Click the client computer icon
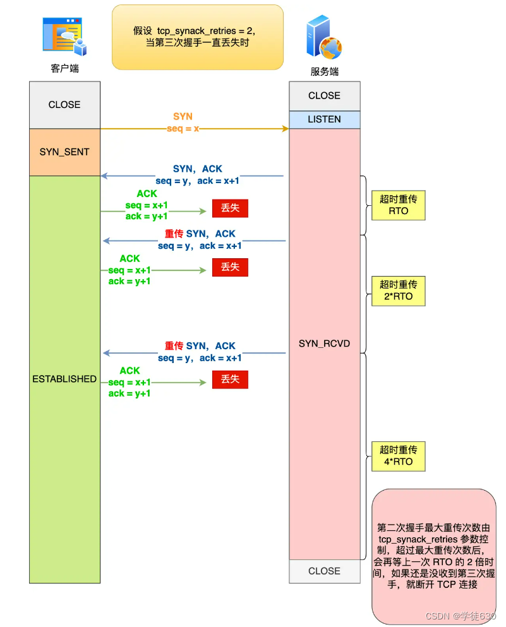click(x=64, y=37)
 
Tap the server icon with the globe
click(x=323, y=38)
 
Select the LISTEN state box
click(x=324, y=119)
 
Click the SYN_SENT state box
click(x=64, y=152)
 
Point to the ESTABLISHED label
click(x=64, y=379)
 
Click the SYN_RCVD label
click(x=324, y=344)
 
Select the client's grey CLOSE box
click(x=64, y=105)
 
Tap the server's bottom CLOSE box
click(x=324, y=571)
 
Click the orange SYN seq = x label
click(x=183, y=122)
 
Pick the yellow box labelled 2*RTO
click(x=399, y=290)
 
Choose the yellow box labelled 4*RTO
click(x=399, y=456)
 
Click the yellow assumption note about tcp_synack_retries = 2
click(x=197, y=37)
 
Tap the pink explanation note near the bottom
click(x=433, y=556)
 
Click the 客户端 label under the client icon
click(x=64, y=68)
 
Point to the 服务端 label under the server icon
click(x=324, y=71)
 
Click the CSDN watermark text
click(x=460, y=616)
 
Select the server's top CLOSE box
click(x=324, y=96)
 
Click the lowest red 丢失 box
click(x=230, y=379)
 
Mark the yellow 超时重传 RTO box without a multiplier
click(x=399, y=205)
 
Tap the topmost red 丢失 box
click(x=230, y=208)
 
